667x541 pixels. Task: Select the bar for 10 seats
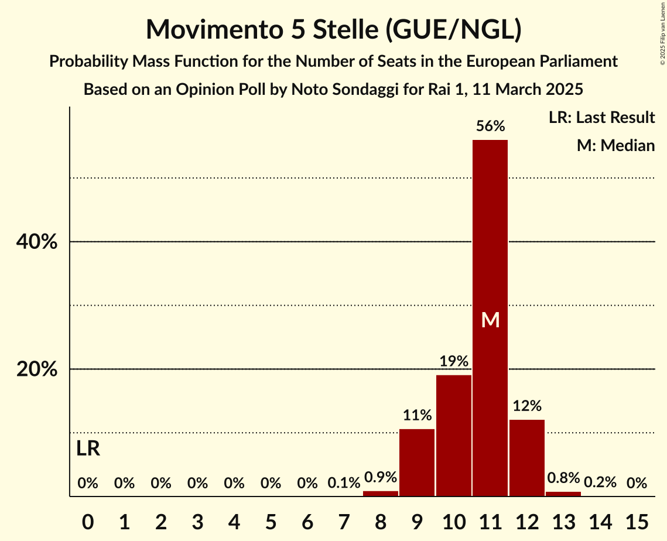[x=454, y=436]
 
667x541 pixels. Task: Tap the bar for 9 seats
[x=417, y=463]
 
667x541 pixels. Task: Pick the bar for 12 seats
[x=527, y=458]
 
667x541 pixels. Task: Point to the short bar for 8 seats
[x=381, y=494]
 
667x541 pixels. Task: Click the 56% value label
[x=490, y=126]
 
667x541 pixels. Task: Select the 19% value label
[x=454, y=361]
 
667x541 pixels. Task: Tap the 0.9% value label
[x=381, y=477]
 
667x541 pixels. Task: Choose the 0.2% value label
[x=600, y=482]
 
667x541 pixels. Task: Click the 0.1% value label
[x=344, y=483]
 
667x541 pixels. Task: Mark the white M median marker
[x=490, y=320]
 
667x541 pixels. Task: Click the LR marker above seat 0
[x=88, y=449]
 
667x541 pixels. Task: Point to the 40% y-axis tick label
[x=36, y=242]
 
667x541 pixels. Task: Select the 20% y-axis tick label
[x=36, y=369]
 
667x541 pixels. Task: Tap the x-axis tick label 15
[x=637, y=521]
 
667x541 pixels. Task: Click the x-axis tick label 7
[x=344, y=521]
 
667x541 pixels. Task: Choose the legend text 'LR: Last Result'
[x=601, y=118]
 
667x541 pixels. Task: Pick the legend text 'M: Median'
[x=615, y=145]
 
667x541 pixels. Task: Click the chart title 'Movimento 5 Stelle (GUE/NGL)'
[x=333, y=29]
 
